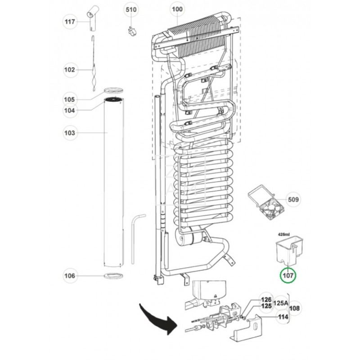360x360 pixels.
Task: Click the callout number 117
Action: pyautogui.click(x=70, y=21)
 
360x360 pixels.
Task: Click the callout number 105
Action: pyautogui.click(x=70, y=99)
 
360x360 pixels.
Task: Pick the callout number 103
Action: pyautogui.click(x=70, y=133)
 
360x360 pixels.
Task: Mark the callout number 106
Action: pyautogui.click(x=70, y=275)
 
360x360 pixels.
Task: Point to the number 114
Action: pyautogui.click(x=282, y=317)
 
